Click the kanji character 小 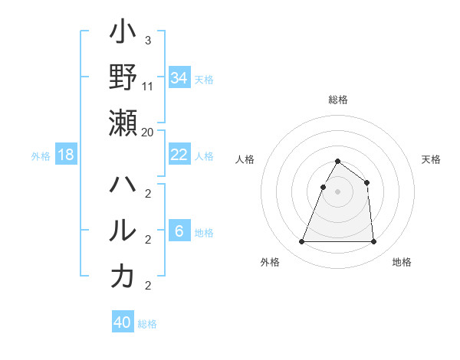pyautogui.click(x=123, y=34)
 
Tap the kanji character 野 pyautogui.click(x=123, y=77)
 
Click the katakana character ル pyautogui.click(x=123, y=231)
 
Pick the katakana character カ pyautogui.click(x=123, y=276)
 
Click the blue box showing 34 pyautogui.click(x=179, y=78)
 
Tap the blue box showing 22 pyautogui.click(x=179, y=155)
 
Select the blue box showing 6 pyautogui.click(x=179, y=232)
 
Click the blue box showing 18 pyautogui.click(x=66, y=155)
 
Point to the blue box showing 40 pyautogui.click(x=123, y=322)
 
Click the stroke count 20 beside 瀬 pyautogui.click(x=148, y=132)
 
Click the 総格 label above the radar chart pyautogui.click(x=337, y=100)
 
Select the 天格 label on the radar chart pyautogui.click(x=432, y=159)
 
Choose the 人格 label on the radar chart pyautogui.click(x=245, y=159)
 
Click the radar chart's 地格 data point pyautogui.click(x=373, y=242)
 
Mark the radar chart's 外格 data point pyautogui.click(x=301, y=242)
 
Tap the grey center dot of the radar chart pyautogui.click(x=337, y=191)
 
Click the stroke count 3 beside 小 pyautogui.click(x=147, y=40)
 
